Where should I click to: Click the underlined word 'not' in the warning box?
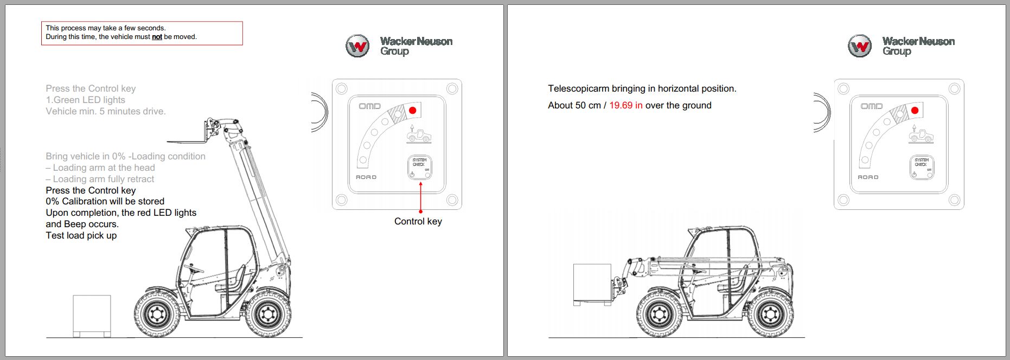click(157, 37)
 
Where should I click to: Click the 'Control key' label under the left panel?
click(418, 221)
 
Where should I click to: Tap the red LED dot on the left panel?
click(412, 110)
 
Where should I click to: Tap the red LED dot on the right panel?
click(915, 110)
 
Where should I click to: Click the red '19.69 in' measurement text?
click(625, 105)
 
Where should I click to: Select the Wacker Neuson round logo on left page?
click(357, 46)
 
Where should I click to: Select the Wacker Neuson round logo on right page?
click(860, 46)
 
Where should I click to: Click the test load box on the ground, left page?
click(92, 314)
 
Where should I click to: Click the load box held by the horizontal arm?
click(592, 284)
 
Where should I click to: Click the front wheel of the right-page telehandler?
click(660, 314)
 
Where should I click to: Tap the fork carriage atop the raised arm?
click(211, 131)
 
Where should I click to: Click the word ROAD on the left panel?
click(366, 177)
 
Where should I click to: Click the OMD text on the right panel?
click(872, 106)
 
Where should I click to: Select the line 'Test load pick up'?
click(81, 235)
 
